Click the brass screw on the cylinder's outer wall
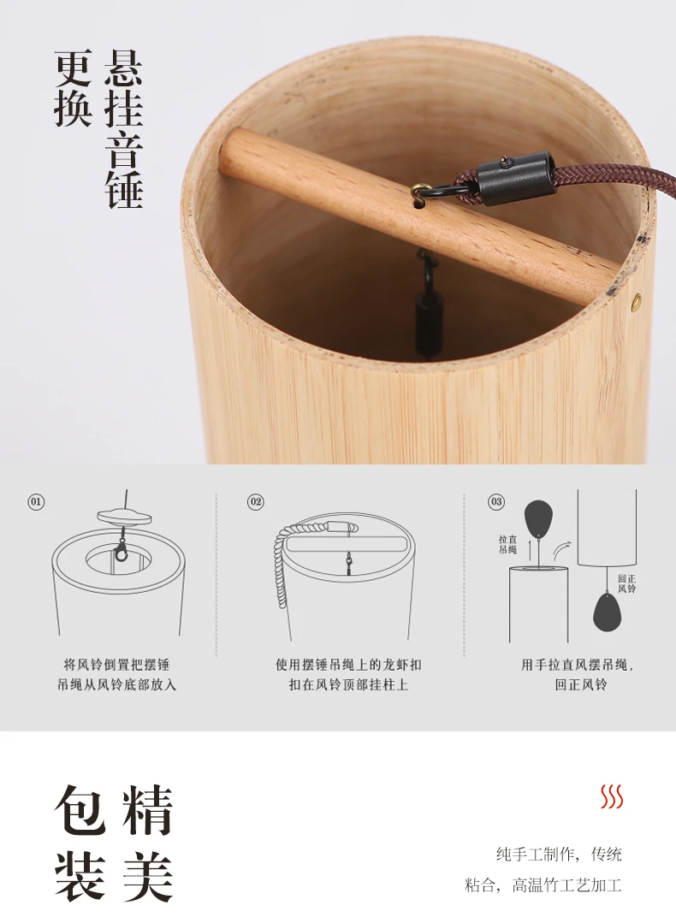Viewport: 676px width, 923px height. coord(636,302)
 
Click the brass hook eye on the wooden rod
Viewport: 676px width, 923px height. coord(420,189)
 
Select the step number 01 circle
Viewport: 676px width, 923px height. coord(37,502)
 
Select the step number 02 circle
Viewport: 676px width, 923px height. coord(256,502)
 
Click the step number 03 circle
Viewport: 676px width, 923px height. coord(496,501)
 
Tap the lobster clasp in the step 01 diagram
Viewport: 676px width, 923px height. coord(122,548)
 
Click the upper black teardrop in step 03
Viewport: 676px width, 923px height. coord(537,518)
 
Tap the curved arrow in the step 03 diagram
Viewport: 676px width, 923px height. coord(561,550)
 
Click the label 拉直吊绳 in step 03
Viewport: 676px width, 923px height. coord(507,545)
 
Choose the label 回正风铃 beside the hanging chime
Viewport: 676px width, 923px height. coord(627,584)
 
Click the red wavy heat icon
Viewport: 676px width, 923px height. coord(612,797)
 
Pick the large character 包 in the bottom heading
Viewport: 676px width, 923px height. coord(80,809)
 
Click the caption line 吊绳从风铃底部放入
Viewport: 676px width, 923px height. coord(116,684)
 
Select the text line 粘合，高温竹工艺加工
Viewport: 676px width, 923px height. coord(543,885)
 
